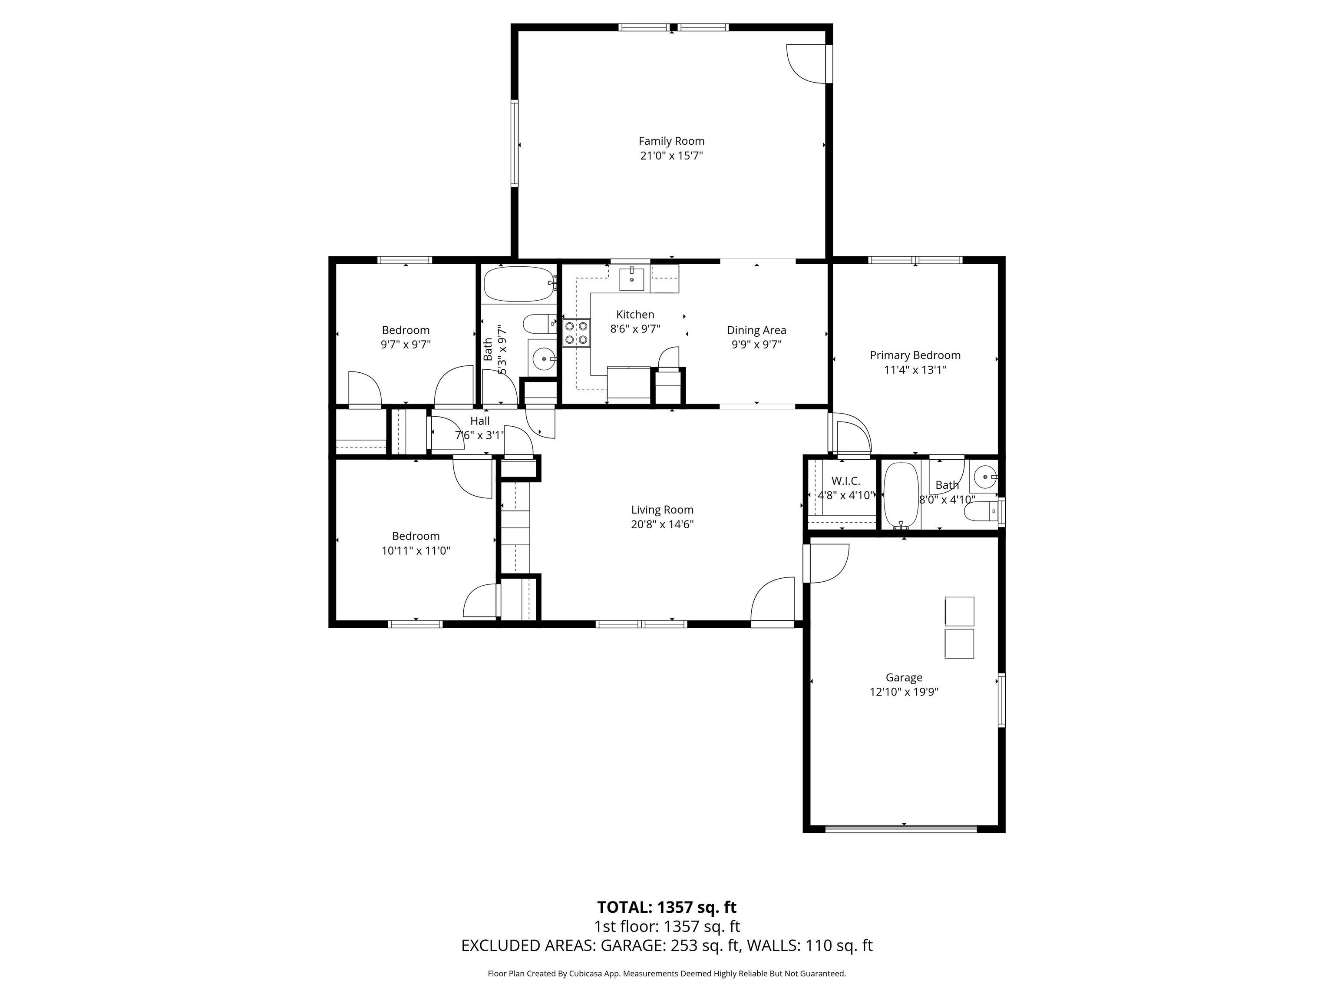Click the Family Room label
click(671, 141)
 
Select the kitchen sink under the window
click(631, 280)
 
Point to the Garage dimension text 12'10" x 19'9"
click(903, 692)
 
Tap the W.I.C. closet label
click(845, 481)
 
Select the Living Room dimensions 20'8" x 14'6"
click(662, 524)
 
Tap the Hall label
click(479, 421)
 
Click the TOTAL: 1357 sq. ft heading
click(667, 907)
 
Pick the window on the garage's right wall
click(1001, 700)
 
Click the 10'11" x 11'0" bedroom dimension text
click(416, 550)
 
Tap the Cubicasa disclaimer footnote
click(667, 973)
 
